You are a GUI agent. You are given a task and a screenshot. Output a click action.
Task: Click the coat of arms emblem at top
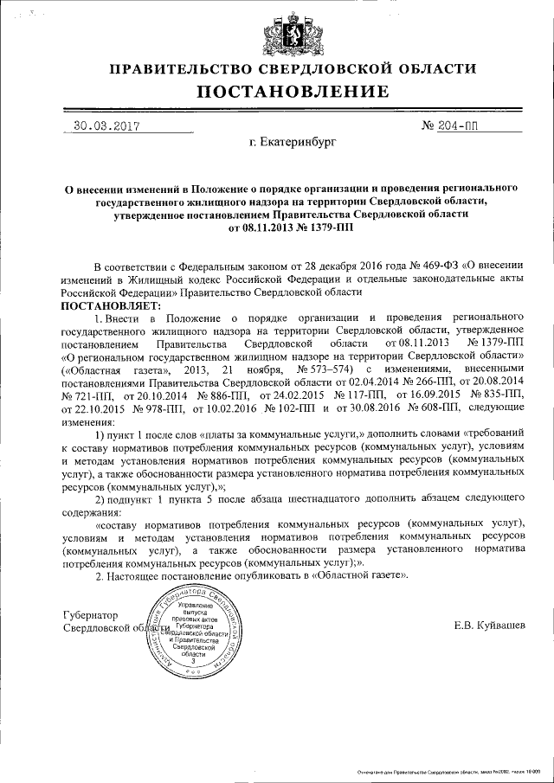click(x=278, y=32)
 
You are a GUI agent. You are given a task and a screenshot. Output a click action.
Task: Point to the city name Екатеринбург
click(x=291, y=139)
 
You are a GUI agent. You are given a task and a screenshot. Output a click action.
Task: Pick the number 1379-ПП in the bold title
click(x=322, y=228)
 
